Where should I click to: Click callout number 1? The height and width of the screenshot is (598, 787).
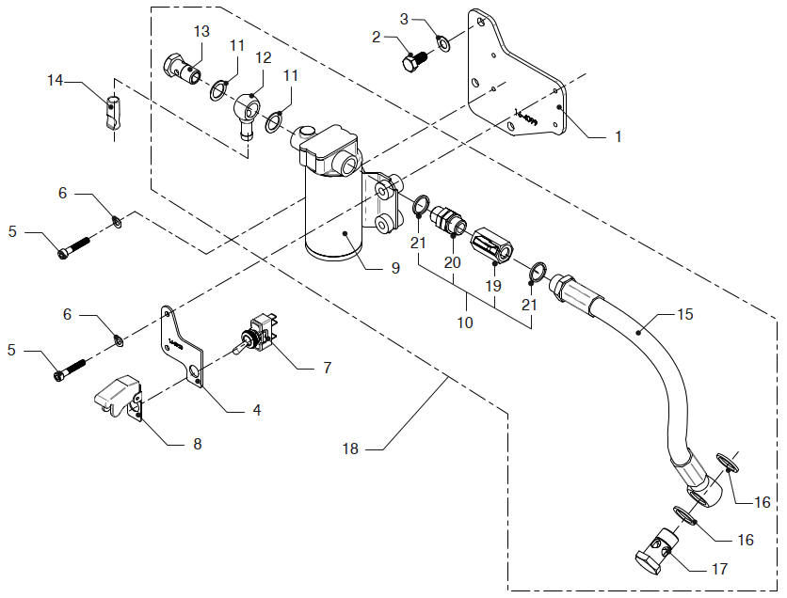click(618, 137)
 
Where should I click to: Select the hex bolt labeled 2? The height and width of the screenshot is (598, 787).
click(413, 61)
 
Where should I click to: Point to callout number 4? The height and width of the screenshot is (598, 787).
click(256, 411)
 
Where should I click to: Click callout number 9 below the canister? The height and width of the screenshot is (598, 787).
click(395, 268)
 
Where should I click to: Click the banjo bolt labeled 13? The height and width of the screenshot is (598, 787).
click(185, 69)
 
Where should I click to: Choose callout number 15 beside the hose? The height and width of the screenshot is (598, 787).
click(685, 314)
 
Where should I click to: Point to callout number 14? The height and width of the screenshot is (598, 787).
click(56, 81)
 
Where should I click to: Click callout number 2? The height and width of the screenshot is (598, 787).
click(376, 38)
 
